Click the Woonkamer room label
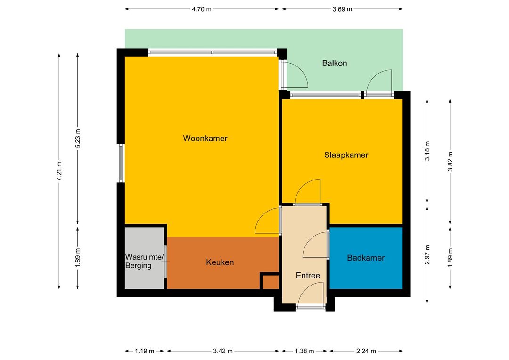point(205,138)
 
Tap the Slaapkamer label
point(346,155)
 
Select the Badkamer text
point(366,258)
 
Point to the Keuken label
point(220,262)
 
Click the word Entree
point(308,276)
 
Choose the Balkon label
point(334,63)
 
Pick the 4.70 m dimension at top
point(202,9)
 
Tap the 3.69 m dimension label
point(342,9)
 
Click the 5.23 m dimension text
point(78,138)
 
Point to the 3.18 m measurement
point(427,151)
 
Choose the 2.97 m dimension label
point(427,255)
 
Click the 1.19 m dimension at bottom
point(145,351)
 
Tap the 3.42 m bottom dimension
point(223,351)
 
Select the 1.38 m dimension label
point(304,351)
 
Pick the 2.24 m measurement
point(366,351)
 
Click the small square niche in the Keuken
point(271,282)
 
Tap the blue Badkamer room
point(366,258)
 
